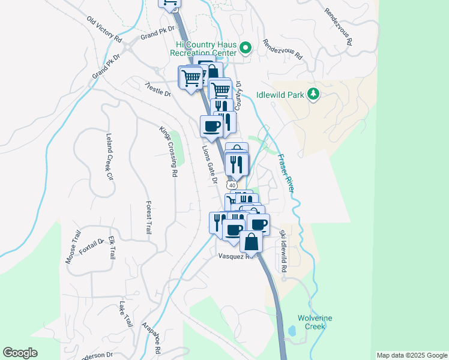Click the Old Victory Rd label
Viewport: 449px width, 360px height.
click(x=104, y=29)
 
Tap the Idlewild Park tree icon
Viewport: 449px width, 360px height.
click(x=312, y=94)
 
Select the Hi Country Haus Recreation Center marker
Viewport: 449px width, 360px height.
click(x=245, y=47)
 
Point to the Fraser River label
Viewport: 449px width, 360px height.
click(x=286, y=173)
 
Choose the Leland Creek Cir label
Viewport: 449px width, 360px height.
click(x=109, y=157)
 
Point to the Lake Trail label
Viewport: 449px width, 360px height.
click(x=125, y=313)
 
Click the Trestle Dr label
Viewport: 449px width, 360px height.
click(x=158, y=89)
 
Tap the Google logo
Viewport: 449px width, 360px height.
click(x=20, y=353)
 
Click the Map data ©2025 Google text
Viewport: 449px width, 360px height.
click(x=412, y=355)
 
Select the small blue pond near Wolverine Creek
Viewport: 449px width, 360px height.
click(x=292, y=331)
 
